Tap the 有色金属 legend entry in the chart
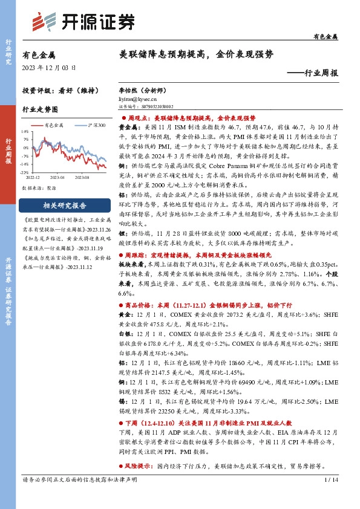click(54, 125)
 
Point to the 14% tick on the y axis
click(25, 130)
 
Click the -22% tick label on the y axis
click(25, 172)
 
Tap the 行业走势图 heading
click(40, 110)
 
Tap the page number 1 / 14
click(330, 496)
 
